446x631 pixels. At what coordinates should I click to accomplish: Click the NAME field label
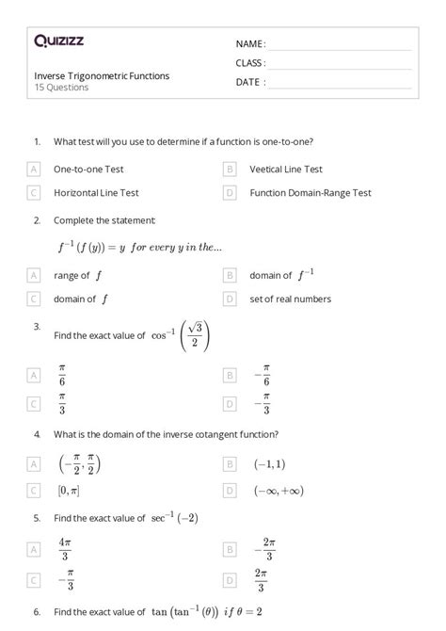click(x=250, y=44)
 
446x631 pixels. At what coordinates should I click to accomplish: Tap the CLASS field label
click(x=250, y=63)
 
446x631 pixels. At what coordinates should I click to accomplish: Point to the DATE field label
click(x=250, y=82)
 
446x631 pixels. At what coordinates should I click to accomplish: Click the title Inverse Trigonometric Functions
click(x=102, y=76)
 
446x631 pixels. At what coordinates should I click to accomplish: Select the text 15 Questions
click(x=61, y=88)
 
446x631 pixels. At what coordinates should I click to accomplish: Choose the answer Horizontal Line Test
click(x=96, y=193)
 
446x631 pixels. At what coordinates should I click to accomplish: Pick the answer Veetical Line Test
click(x=286, y=170)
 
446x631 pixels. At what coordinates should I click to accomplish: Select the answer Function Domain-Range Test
click(x=311, y=193)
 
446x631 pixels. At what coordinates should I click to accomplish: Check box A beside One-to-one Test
click(x=34, y=170)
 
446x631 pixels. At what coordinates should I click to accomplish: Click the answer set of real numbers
click(x=290, y=299)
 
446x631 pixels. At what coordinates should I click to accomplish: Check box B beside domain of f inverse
click(x=230, y=276)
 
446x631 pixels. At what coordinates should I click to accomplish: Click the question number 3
click(x=36, y=326)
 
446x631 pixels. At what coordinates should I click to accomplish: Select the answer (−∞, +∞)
click(x=278, y=491)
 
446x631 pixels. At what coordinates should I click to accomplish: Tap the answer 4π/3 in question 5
click(x=65, y=549)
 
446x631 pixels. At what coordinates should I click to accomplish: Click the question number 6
click(x=36, y=612)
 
